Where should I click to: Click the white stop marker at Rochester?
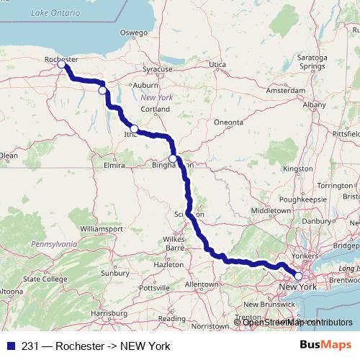(x=62, y=65)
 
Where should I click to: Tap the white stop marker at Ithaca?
(x=134, y=128)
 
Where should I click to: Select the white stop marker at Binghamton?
(x=173, y=158)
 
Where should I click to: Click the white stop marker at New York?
(x=299, y=276)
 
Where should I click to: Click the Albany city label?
(x=314, y=104)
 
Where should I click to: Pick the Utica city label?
(x=217, y=65)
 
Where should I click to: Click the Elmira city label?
(x=114, y=165)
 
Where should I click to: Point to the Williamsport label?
(x=96, y=228)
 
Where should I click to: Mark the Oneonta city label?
(x=229, y=122)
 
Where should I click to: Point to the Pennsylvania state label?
(x=53, y=245)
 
